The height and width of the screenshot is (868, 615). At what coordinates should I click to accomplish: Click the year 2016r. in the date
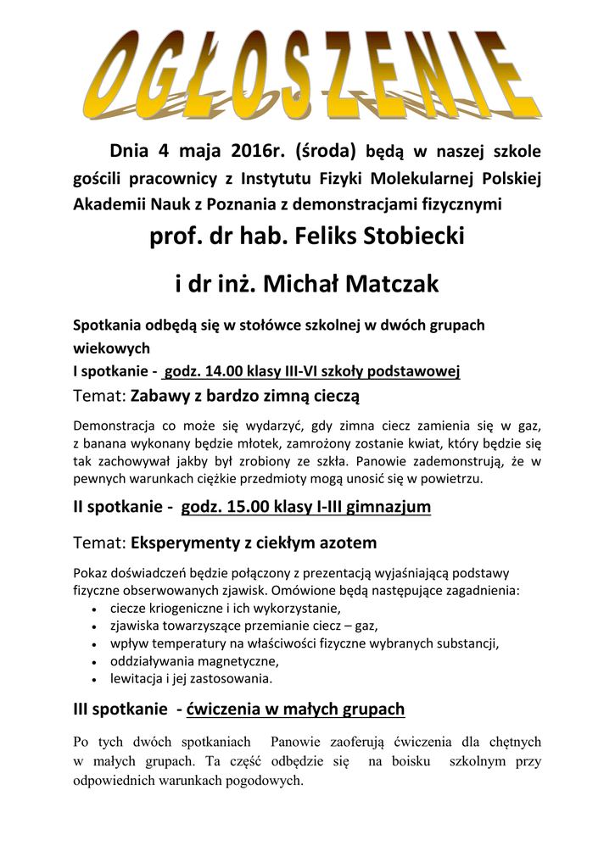click(254, 153)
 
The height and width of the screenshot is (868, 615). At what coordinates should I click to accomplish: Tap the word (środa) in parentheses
click(325, 153)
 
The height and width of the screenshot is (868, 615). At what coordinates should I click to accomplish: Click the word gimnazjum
click(385, 507)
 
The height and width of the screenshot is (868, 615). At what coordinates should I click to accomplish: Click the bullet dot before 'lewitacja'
click(92, 680)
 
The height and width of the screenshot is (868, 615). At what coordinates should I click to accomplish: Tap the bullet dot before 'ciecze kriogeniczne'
click(92, 609)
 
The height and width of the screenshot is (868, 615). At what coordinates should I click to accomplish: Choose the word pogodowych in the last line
click(263, 781)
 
